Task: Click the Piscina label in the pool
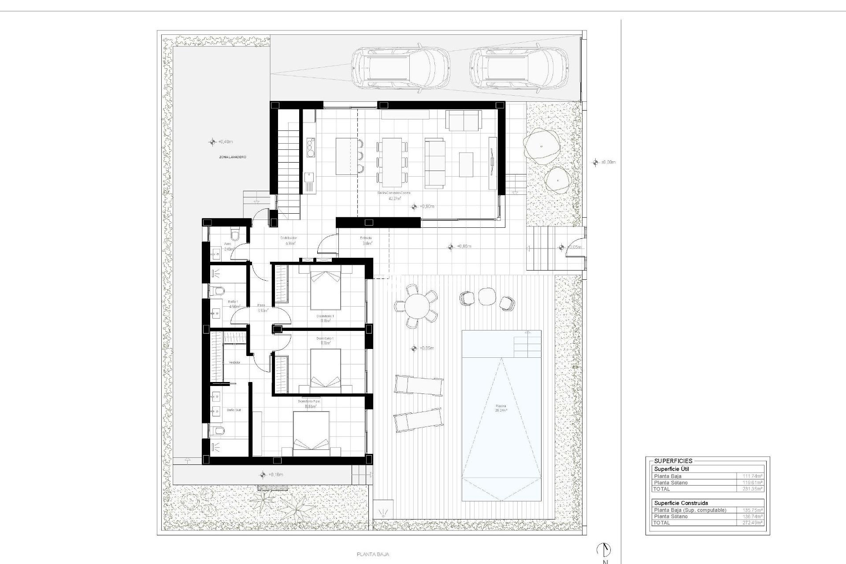(x=501, y=406)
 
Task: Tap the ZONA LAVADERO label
(x=232, y=157)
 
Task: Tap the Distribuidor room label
(x=289, y=238)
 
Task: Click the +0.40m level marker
(x=212, y=142)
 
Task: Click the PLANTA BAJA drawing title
(x=373, y=554)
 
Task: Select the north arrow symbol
(x=604, y=549)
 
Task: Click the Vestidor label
(x=234, y=362)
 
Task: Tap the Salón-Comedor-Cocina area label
(x=393, y=193)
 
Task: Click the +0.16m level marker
(x=263, y=475)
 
